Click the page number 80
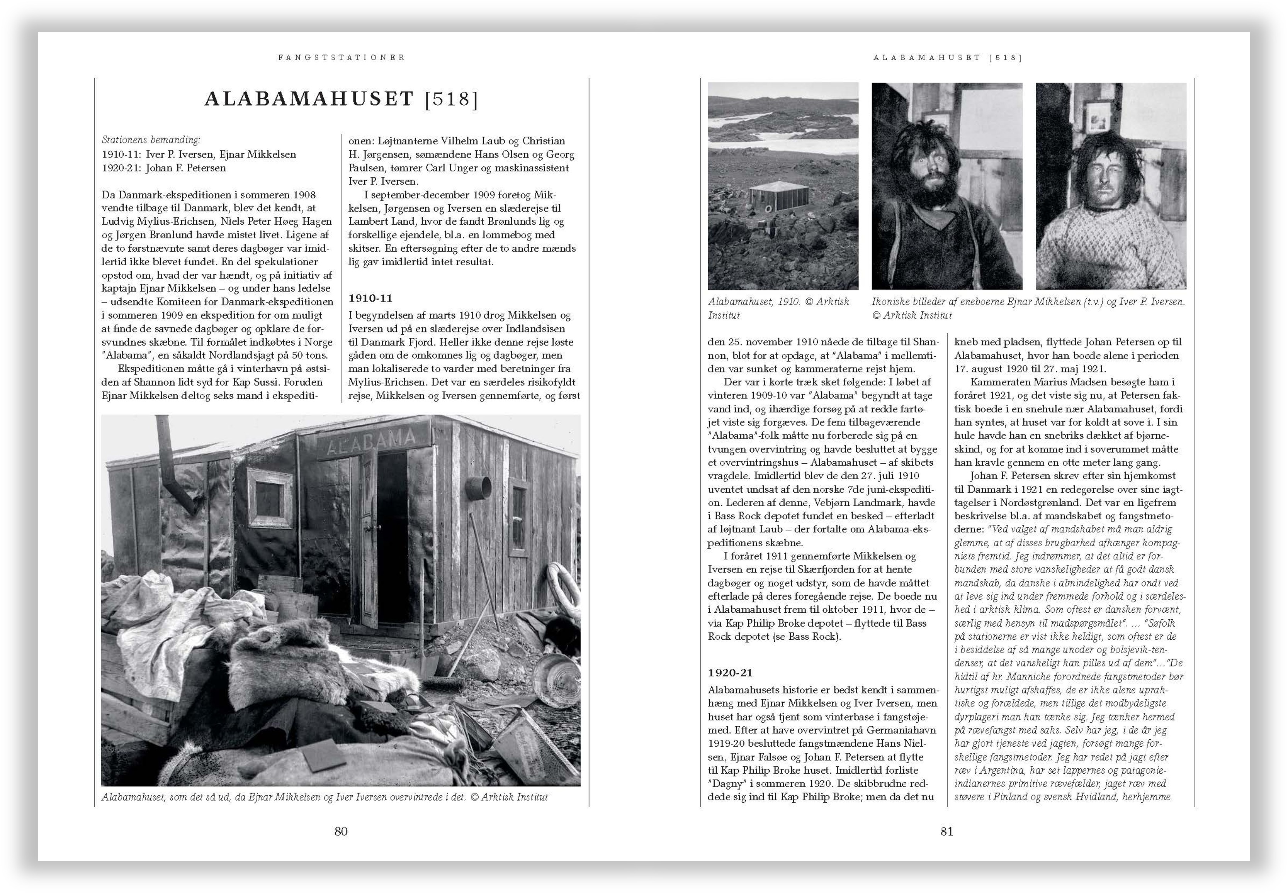[x=341, y=832]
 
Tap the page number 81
[x=946, y=832]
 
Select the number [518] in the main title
[x=451, y=99]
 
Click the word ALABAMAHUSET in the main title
[x=309, y=99]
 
